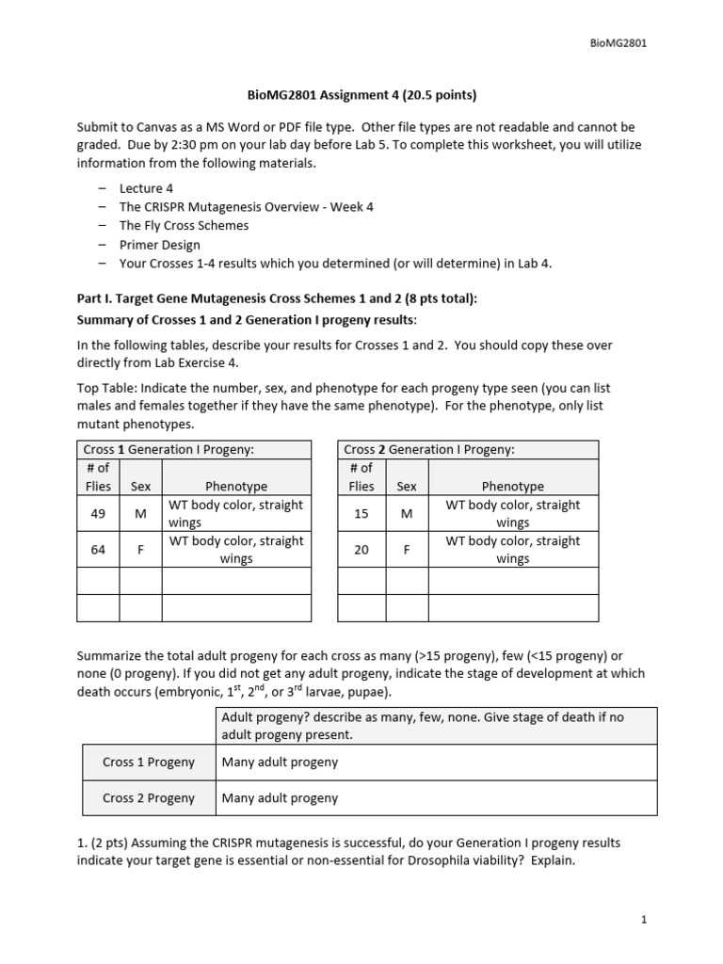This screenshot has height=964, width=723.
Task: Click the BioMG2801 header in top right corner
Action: tap(619, 42)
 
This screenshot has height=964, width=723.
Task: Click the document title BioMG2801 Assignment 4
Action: tap(361, 94)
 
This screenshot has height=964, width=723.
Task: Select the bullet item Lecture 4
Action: tap(146, 188)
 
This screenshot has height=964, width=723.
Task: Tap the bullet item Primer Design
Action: tap(159, 245)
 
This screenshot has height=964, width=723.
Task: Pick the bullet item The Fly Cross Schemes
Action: tap(184, 226)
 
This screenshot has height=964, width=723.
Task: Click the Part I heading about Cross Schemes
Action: tap(277, 298)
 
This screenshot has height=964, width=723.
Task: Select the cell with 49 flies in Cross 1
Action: tap(98, 513)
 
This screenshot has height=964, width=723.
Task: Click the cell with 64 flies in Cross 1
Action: tap(98, 550)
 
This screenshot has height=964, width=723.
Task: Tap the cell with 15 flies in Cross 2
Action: tap(361, 513)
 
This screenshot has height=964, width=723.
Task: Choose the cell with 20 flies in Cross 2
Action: tap(361, 550)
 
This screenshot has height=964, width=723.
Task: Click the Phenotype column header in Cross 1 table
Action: tap(236, 487)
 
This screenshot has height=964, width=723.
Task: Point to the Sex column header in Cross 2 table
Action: tap(407, 487)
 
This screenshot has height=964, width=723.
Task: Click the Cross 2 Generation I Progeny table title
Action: tap(429, 449)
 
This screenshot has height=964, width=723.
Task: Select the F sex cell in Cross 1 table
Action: tap(140, 550)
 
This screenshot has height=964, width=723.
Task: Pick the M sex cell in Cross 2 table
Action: tap(407, 513)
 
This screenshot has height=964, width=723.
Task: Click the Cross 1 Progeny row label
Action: tap(149, 762)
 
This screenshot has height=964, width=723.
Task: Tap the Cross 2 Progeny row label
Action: tap(149, 797)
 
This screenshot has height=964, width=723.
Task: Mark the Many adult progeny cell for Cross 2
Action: tap(280, 797)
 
